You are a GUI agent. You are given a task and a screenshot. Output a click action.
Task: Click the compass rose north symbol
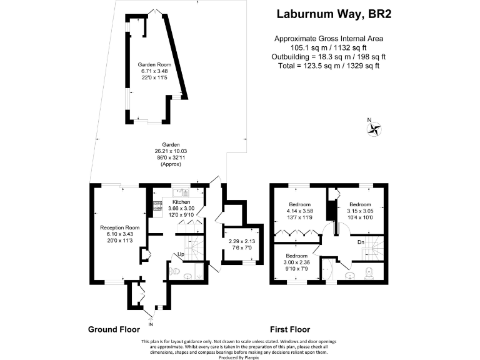pos(374,129)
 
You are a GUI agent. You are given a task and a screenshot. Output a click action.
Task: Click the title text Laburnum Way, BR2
pos(329,14)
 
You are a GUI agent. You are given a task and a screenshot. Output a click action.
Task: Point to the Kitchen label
pos(181,202)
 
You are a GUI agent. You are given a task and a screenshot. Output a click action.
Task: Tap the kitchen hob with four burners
pos(157,205)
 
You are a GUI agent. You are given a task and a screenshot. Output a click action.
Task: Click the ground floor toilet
pos(174,272)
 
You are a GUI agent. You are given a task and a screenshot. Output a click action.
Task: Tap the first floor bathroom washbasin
pos(350,273)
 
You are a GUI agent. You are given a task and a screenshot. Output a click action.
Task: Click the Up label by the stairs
pos(181,254)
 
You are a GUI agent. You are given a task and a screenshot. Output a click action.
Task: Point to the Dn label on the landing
pos(361,242)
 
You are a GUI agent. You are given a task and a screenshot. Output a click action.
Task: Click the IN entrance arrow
pos(151,323)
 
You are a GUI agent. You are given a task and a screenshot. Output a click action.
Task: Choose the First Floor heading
pos(290,329)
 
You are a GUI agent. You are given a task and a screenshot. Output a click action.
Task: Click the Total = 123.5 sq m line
pos(329,65)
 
